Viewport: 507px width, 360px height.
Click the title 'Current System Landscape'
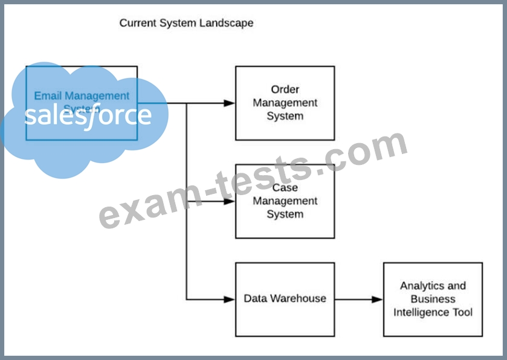186,23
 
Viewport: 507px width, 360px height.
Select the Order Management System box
285,103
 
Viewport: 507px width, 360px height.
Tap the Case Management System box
285,201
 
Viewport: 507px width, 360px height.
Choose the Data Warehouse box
285,299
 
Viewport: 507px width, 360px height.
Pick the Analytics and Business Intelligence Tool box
433,299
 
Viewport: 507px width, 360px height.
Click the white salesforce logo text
88,115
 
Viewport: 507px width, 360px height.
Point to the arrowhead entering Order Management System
229,103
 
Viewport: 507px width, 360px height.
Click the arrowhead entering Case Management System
229,201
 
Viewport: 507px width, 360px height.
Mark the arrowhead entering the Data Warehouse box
229,299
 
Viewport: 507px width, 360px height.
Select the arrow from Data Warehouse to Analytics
359,299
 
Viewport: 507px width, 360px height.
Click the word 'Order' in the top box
285,90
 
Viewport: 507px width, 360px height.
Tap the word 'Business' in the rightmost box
433,299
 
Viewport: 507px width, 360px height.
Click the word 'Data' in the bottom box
256,298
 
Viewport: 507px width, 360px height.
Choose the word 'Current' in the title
138,23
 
